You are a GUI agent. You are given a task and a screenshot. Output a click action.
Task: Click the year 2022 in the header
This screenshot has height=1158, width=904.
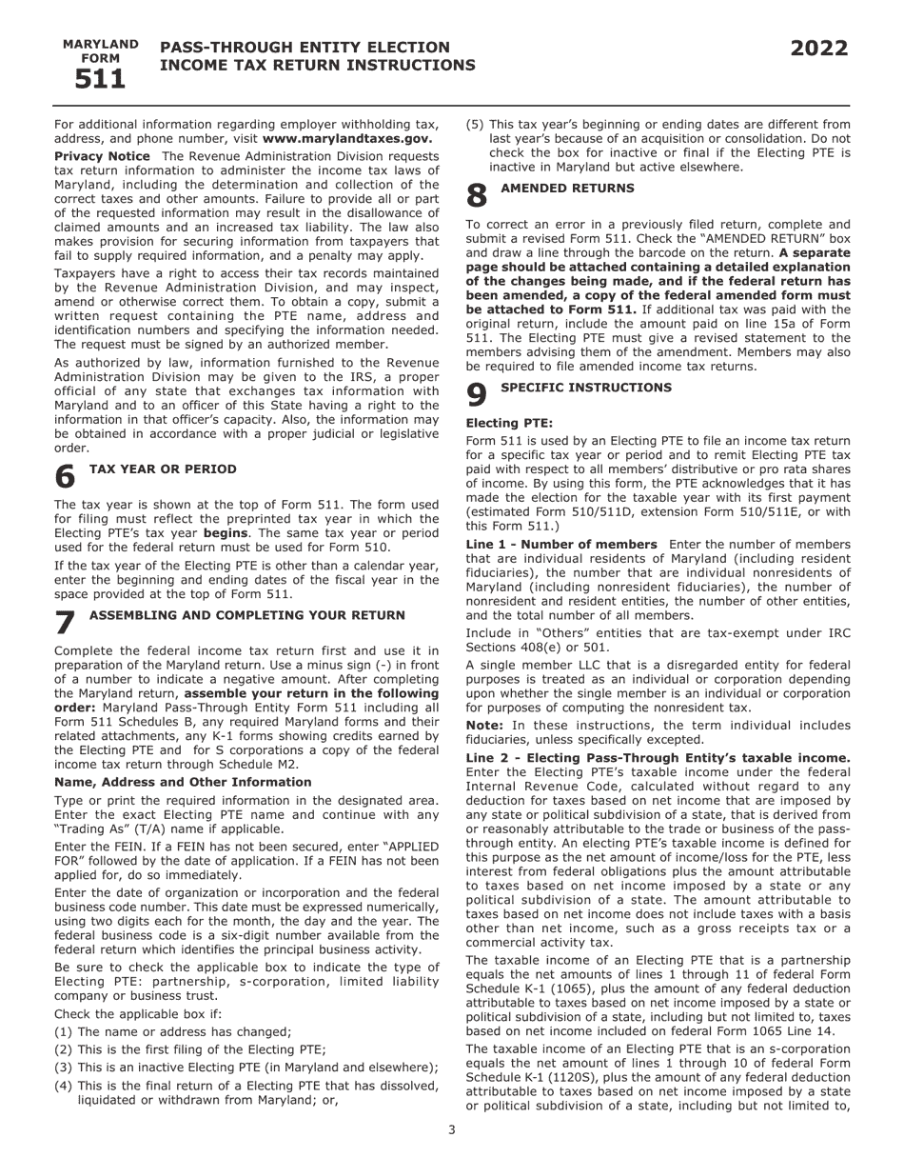(x=818, y=49)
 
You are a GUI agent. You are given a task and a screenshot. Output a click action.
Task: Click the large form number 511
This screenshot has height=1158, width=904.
(x=100, y=80)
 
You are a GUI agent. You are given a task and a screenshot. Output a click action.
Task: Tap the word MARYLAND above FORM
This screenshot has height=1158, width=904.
(x=100, y=45)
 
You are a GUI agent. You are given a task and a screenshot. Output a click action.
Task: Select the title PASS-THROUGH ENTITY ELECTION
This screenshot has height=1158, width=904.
(x=305, y=48)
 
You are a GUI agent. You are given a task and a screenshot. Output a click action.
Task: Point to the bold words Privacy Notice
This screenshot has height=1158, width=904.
(x=102, y=156)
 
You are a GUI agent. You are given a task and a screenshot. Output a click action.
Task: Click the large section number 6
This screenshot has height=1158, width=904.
(x=65, y=476)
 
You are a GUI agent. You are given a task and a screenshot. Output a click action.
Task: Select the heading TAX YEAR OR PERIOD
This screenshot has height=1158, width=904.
(x=163, y=469)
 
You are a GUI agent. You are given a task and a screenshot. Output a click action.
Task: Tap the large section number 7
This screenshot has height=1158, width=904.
(x=65, y=623)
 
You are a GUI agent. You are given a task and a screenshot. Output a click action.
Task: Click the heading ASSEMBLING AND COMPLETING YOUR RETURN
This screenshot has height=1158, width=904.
(x=246, y=616)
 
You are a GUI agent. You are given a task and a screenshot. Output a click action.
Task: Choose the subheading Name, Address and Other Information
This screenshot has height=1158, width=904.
(x=183, y=782)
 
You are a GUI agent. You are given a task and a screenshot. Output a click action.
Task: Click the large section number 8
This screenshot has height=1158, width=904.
(x=477, y=196)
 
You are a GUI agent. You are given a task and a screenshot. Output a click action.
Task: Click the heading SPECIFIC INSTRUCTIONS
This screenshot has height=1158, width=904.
(x=585, y=388)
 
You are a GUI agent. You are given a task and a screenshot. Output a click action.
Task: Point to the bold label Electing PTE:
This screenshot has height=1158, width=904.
(x=509, y=422)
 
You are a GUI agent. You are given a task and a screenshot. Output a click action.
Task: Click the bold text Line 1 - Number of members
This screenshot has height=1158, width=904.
(x=560, y=545)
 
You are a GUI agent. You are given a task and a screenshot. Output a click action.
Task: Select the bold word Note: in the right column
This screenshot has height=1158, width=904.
(x=484, y=726)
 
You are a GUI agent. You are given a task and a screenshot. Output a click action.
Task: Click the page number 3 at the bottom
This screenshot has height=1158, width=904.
(x=452, y=1130)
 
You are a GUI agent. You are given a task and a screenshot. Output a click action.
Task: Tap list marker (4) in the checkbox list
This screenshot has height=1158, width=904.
(x=63, y=1086)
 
